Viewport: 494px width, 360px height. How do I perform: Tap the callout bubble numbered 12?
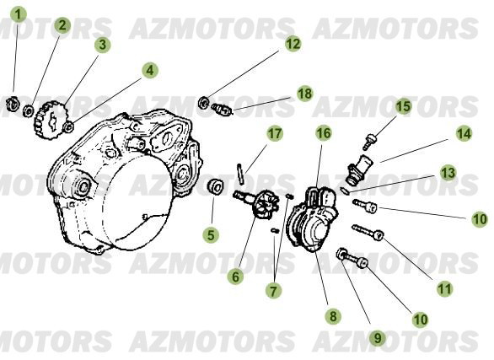[293, 44]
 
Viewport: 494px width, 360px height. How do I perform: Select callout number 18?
[305, 94]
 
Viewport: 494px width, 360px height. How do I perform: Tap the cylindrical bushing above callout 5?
[216, 186]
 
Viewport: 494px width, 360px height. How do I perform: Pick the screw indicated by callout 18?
[223, 110]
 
